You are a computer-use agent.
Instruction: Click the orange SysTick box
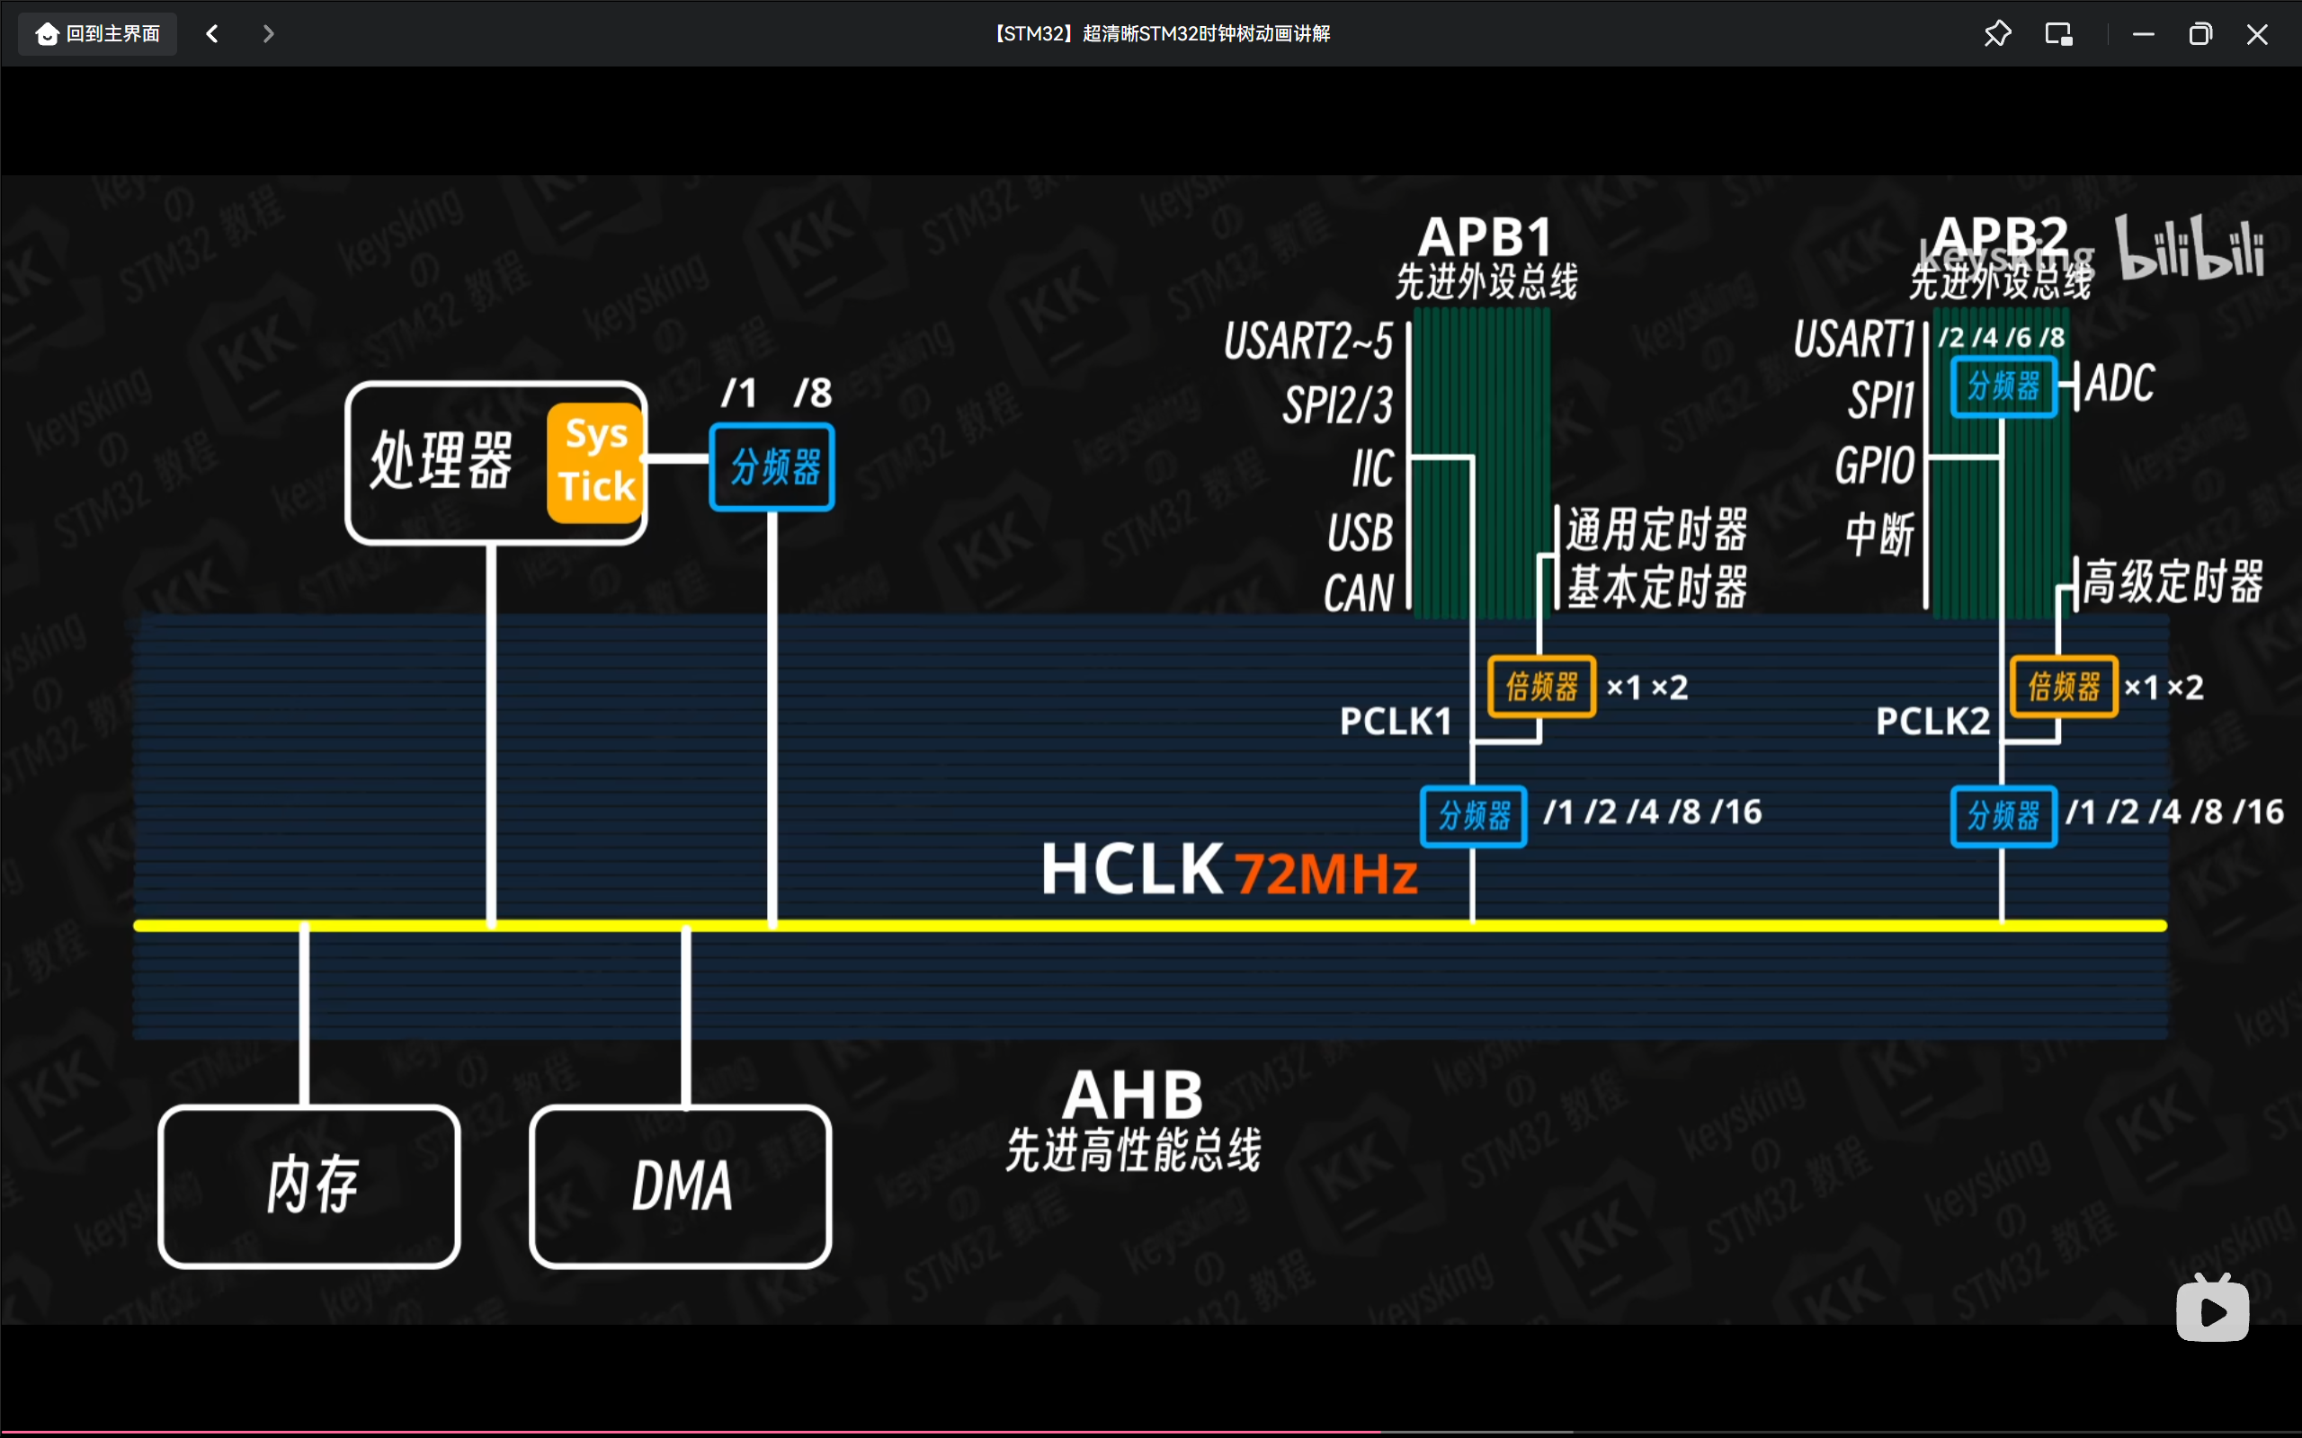click(595, 461)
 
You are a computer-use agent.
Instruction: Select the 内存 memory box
click(309, 1186)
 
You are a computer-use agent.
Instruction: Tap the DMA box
click(681, 1186)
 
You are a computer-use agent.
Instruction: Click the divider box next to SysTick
click(772, 467)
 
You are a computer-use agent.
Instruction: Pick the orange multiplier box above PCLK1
click(1541, 686)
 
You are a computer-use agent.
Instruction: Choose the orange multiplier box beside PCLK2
click(2062, 686)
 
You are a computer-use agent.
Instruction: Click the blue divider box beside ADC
click(2003, 386)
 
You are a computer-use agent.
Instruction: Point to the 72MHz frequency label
click(1325, 873)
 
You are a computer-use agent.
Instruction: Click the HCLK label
click(1132, 868)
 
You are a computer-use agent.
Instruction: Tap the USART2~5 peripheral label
click(1308, 341)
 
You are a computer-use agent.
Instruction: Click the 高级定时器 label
click(2173, 581)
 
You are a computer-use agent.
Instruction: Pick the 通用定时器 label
click(1657, 529)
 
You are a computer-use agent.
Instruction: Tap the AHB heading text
click(1132, 1095)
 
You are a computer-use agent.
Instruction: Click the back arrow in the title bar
click(212, 34)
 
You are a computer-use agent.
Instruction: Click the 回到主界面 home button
click(98, 34)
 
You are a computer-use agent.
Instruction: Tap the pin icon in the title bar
click(1997, 34)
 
